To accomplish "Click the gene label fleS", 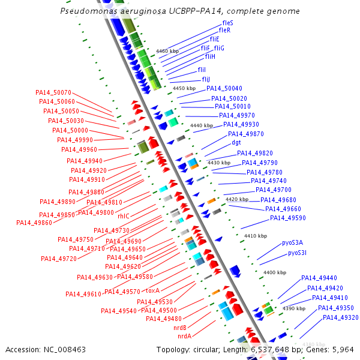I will [x=227, y=23].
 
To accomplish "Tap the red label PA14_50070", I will [x=53, y=92].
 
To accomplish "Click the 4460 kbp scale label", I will [x=167, y=51].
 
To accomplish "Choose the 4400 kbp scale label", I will [x=275, y=272].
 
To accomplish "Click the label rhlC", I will [x=124, y=215].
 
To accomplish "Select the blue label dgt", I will [x=236, y=143].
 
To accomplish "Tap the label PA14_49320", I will [x=341, y=317].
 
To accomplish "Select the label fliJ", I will [x=206, y=79].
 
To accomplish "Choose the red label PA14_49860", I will [x=34, y=223].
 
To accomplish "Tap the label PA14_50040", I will [x=224, y=89].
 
